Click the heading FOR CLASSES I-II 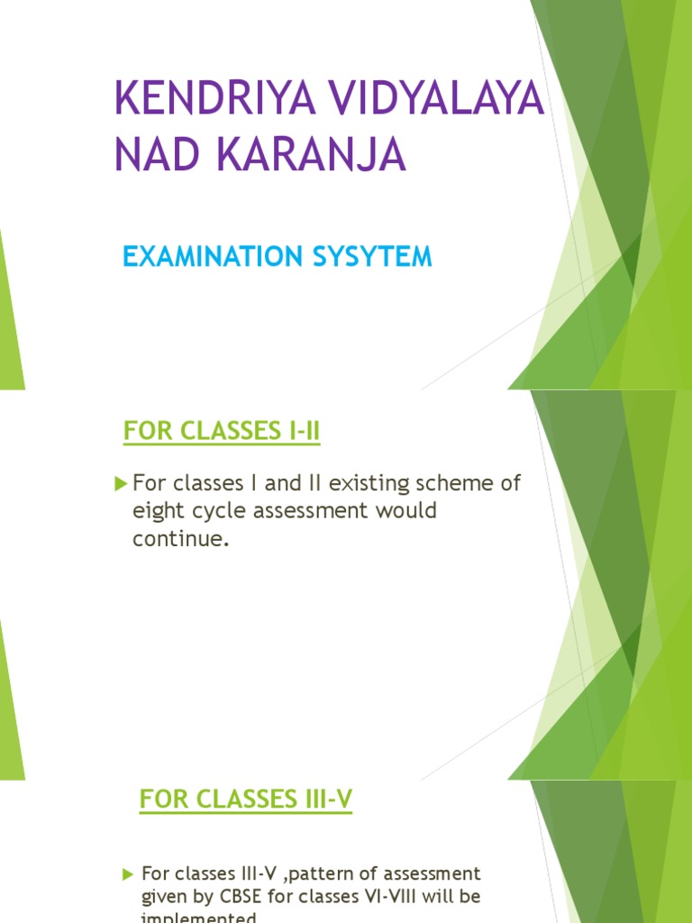point(222,433)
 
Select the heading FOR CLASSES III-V point(245,799)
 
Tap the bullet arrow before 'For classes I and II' point(122,484)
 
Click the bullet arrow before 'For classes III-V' point(127,873)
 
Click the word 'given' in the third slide point(163,898)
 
